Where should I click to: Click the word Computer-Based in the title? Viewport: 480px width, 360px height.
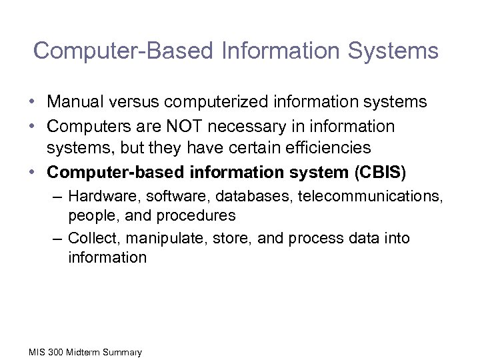[x=109, y=51]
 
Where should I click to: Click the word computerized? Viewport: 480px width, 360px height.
[x=209, y=102]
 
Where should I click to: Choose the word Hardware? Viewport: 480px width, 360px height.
[x=97, y=196]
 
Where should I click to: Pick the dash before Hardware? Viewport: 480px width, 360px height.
[x=58, y=197]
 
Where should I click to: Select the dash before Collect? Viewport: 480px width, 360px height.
[x=58, y=239]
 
